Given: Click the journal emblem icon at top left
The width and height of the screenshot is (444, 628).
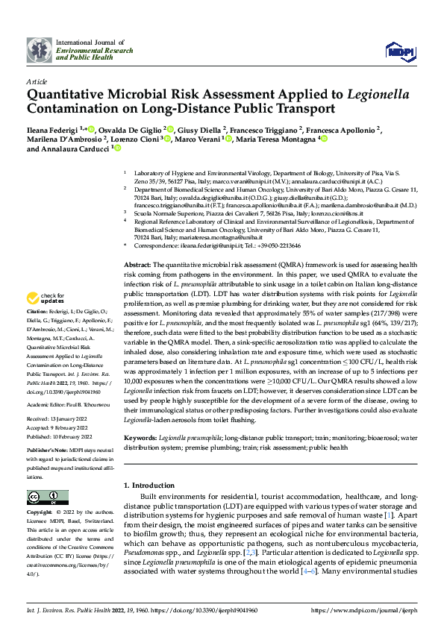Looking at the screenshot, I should click(40, 50).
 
